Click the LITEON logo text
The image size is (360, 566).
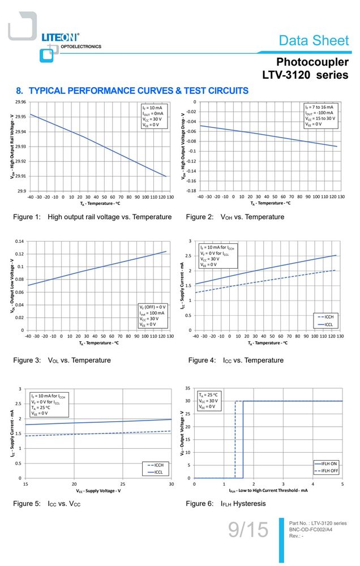coord(61,37)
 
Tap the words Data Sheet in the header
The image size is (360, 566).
coord(314,40)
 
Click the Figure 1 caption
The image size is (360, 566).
coord(92,217)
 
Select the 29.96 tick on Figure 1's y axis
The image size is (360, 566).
coord(20,102)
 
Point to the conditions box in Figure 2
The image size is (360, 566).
coord(321,115)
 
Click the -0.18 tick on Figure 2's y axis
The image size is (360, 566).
coord(191,191)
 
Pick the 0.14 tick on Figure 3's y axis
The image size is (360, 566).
coord(19,241)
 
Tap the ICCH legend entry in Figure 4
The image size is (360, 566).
coord(325,317)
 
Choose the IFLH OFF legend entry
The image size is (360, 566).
coord(327,471)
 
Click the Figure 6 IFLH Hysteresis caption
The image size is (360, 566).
coord(226,504)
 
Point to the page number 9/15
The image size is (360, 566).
coord(248,530)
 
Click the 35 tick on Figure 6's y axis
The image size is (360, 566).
coord(188,388)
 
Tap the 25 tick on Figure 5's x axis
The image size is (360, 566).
coord(123,484)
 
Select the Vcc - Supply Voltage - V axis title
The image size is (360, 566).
coord(98,491)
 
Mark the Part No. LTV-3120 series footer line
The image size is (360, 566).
coord(318,523)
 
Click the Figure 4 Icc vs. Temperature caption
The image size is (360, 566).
coord(236,360)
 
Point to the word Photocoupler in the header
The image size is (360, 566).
coord(312,62)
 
